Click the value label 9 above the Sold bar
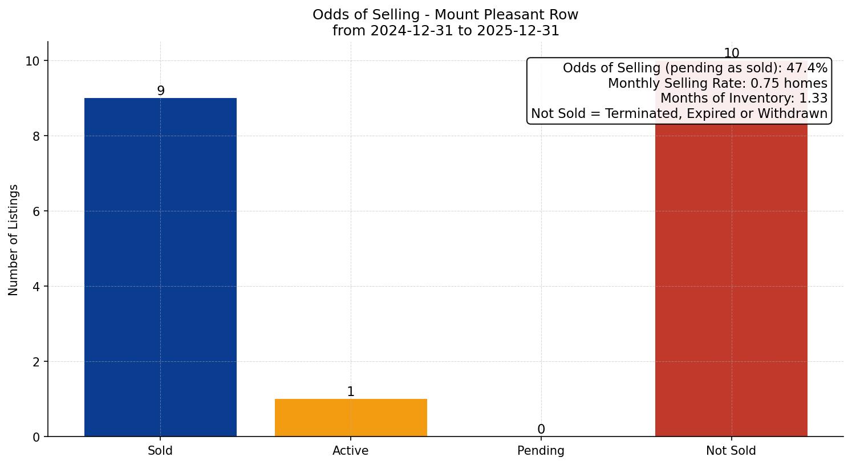pos(161,91)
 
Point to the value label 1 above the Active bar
pos(351,391)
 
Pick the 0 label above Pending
pos(541,429)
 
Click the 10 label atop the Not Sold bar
pos(731,54)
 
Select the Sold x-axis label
pos(160,451)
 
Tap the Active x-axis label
pos(351,451)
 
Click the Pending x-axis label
pos(541,451)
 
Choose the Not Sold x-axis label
pos(731,451)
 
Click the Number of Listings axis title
pos(14,239)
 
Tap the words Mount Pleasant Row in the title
pos(506,15)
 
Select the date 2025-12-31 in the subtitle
pos(518,31)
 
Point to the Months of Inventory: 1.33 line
pos(744,99)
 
